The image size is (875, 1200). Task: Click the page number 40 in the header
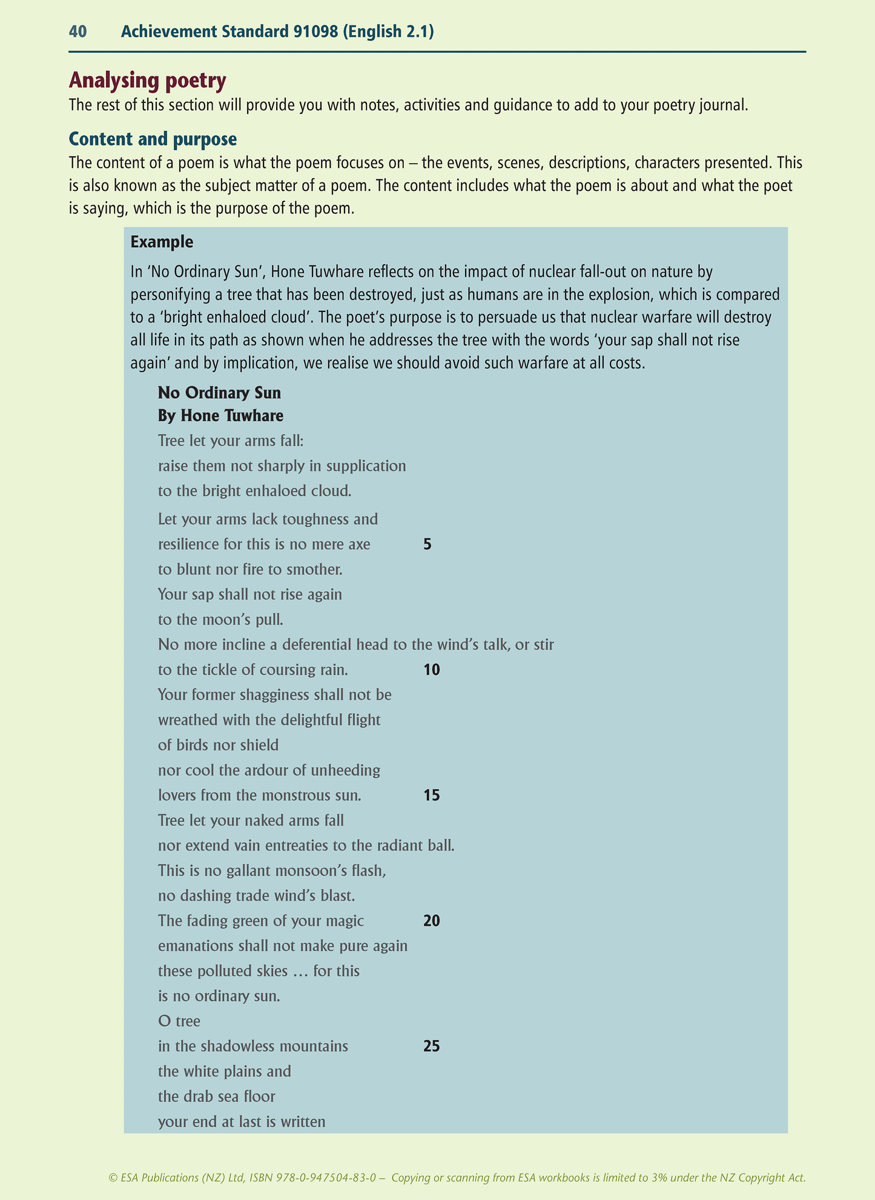pyautogui.click(x=78, y=32)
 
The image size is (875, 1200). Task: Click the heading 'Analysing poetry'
pyautogui.click(x=148, y=80)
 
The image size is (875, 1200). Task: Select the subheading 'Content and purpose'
pyautogui.click(x=153, y=139)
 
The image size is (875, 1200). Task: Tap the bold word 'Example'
pyautogui.click(x=162, y=242)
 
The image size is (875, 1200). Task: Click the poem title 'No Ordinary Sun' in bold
pyautogui.click(x=219, y=393)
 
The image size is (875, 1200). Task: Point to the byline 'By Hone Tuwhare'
pyautogui.click(x=220, y=416)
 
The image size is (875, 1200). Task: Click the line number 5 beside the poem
pyautogui.click(x=428, y=544)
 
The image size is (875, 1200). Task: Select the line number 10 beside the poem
pyautogui.click(x=432, y=670)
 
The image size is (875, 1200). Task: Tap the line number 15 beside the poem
pyautogui.click(x=432, y=795)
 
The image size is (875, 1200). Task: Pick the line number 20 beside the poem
pyautogui.click(x=432, y=921)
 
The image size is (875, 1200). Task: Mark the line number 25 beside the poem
pyautogui.click(x=432, y=1046)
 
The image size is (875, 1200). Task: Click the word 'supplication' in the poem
pyautogui.click(x=368, y=466)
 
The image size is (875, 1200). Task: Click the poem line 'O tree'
pyautogui.click(x=179, y=1021)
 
